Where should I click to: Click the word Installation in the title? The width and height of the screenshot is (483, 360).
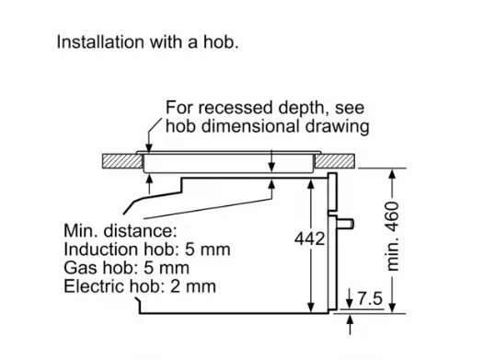tap(100, 42)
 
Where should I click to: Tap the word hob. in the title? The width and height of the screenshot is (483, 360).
tap(221, 42)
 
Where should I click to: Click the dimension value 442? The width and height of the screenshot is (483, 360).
tap(309, 238)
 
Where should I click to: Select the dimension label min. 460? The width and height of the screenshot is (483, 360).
tap(393, 237)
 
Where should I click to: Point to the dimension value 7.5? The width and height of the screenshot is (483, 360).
tap(370, 298)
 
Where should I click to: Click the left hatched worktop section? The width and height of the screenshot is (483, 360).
tap(122, 161)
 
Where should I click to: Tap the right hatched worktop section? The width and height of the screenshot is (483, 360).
tap(334, 161)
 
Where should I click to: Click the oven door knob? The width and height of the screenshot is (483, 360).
tap(346, 224)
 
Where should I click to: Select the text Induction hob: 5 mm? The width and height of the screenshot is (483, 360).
tap(147, 249)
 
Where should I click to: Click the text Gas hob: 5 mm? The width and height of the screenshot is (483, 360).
tap(126, 268)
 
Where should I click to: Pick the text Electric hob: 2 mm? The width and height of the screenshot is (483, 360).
tap(140, 286)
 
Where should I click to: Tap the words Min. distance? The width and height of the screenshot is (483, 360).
tap(121, 230)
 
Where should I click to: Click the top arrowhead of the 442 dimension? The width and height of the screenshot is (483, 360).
tap(311, 184)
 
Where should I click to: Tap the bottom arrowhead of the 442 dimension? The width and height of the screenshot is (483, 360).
tap(311, 308)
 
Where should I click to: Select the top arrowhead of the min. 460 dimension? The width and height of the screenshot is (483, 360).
tap(392, 174)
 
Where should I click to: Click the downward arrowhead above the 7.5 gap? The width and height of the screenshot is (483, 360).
tap(350, 303)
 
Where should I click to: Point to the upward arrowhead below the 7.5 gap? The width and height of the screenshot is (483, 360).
tap(350, 319)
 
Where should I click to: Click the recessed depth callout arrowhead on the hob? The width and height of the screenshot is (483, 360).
tap(149, 148)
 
